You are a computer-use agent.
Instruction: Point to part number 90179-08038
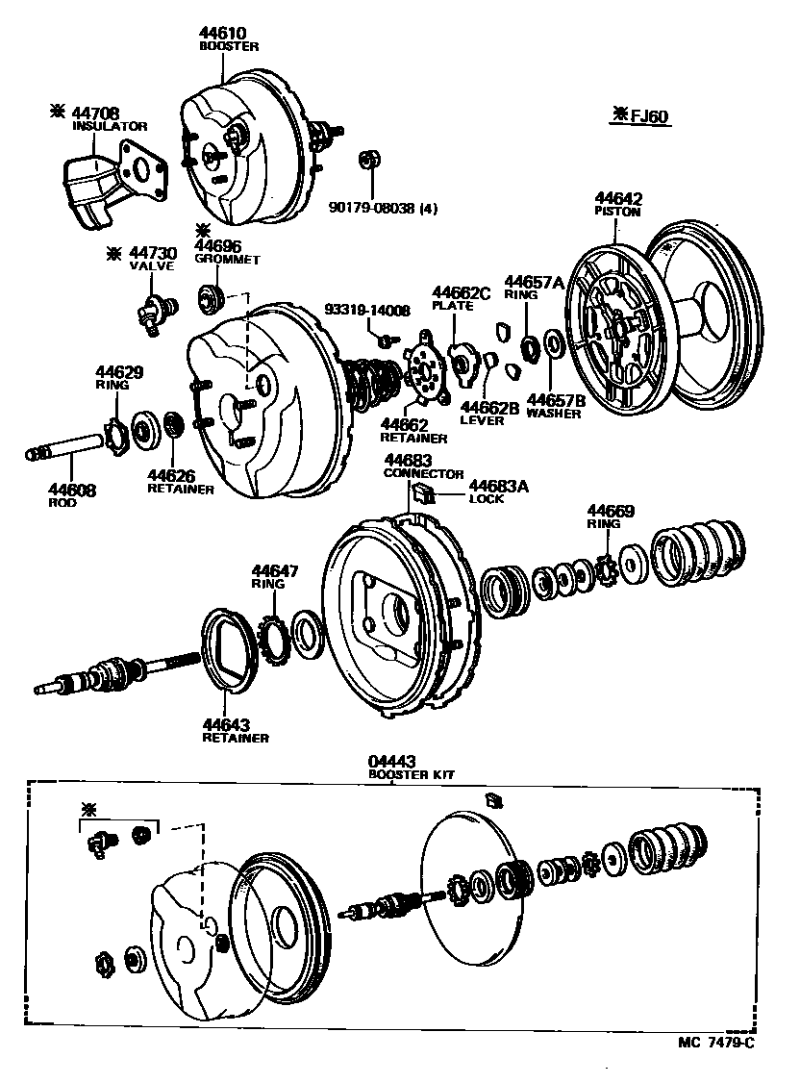(x=381, y=209)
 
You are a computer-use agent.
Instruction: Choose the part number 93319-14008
(x=366, y=310)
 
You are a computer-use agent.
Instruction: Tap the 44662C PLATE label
(x=461, y=297)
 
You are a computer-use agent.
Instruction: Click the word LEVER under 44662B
(x=482, y=420)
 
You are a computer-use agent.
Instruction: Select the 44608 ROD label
(x=73, y=494)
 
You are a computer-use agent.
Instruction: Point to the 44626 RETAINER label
(x=180, y=480)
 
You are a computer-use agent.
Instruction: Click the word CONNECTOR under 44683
(x=423, y=474)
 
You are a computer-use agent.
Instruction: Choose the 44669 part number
(x=612, y=510)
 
